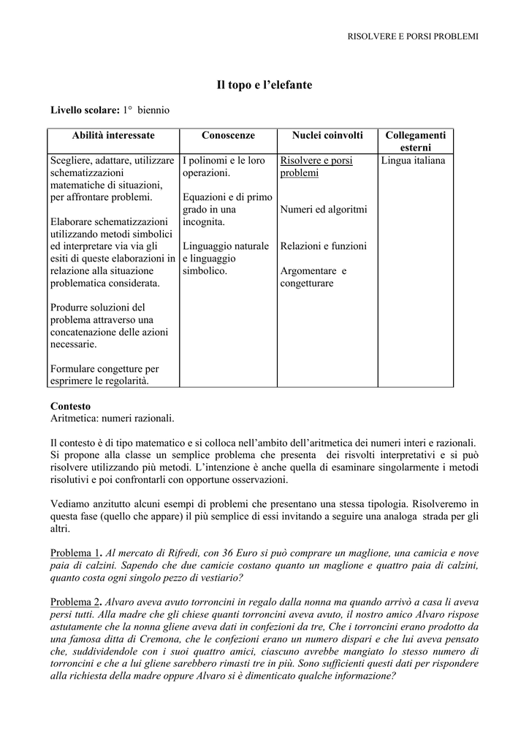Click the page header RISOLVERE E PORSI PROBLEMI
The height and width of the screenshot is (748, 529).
point(413,37)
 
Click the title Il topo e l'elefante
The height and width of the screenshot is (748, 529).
point(264,85)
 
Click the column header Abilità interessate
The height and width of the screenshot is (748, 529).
point(113,136)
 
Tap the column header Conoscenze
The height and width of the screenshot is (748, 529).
point(228,136)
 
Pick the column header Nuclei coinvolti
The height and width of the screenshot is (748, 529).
point(327,136)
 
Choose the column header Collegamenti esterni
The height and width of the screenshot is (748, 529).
point(415,142)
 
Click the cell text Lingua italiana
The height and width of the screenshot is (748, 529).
point(413,160)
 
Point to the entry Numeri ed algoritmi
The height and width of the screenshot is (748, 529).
point(324,210)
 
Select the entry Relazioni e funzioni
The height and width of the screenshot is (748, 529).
point(324,246)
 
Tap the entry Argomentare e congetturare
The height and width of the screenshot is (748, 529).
point(313,277)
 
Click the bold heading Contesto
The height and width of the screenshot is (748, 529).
point(70,405)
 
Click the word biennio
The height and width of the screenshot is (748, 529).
point(153,110)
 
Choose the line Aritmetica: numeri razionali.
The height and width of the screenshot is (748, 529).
point(113,418)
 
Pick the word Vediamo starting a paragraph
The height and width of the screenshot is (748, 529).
point(70,504)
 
